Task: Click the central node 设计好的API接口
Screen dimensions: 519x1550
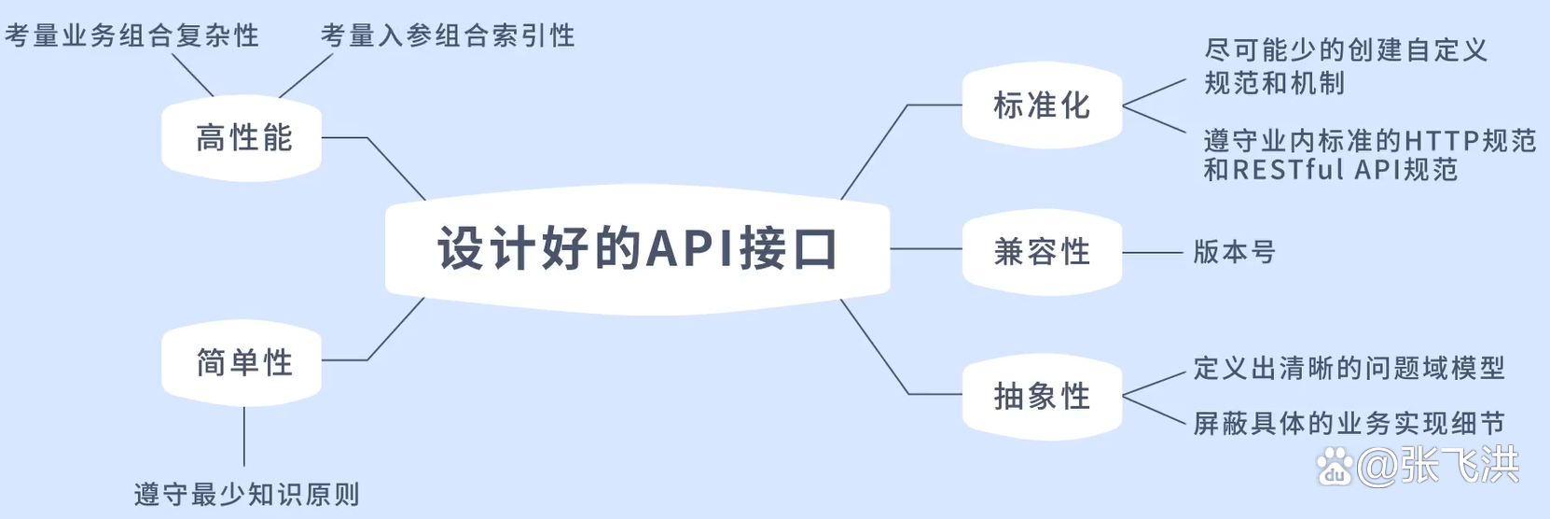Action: [x=637, y=249]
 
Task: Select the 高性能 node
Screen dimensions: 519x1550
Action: [x=242, y=138]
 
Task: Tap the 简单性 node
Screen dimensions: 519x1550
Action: [x=242, y=362]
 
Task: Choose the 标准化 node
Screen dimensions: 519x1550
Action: [x=1041, y=105]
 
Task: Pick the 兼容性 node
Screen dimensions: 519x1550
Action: [x=1041, y=251]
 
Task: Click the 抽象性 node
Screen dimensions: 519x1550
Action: [x=1041, y=396]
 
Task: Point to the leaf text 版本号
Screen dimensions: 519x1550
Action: [x=1234, y=252]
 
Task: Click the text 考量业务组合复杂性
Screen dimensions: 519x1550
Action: [x=131, y=35]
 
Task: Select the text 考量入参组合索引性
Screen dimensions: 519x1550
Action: [x=448, y=35]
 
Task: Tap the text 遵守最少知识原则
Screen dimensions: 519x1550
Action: [x=246, y=494]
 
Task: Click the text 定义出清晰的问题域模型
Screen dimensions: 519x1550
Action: [x=1349, y=368]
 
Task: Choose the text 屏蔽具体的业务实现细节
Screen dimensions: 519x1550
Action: [x=1349, y=424]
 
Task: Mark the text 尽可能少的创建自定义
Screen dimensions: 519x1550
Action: [x=1345, y=49]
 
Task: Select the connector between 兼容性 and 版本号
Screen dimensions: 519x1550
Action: [x=1153, y=252]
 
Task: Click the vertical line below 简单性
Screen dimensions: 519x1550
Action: [x=244, y=437]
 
